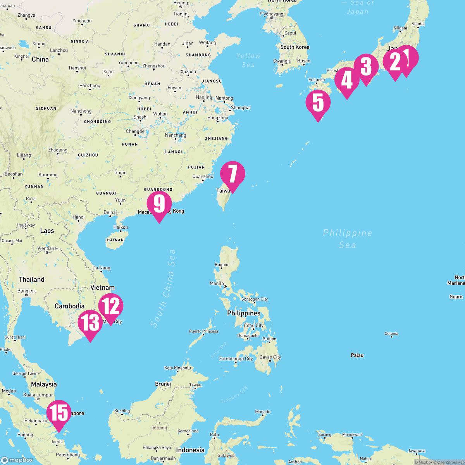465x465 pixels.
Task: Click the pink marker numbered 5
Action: (318, 102)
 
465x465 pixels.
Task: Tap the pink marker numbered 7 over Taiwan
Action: (232, 174)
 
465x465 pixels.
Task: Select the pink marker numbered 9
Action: (159, 204)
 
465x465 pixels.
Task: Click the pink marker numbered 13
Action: (90, 322)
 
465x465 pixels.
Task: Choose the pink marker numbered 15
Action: (59, 413)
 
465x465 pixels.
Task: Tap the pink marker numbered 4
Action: (347, 80)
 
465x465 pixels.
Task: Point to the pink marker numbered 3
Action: (366, 67)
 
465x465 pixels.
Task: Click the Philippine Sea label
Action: (348, 239)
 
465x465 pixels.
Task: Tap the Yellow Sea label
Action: (248, 60)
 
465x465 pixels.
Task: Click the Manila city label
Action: (217, 283)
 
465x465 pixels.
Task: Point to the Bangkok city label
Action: (26, 291)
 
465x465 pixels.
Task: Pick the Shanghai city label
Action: (241, 107)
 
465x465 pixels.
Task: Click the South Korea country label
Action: (295, 47)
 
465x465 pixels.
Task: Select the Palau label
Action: (357, 355)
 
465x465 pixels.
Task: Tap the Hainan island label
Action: (115, 240)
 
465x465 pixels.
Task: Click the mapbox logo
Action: (17, 460)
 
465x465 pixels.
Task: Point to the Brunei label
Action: (163, 384)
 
